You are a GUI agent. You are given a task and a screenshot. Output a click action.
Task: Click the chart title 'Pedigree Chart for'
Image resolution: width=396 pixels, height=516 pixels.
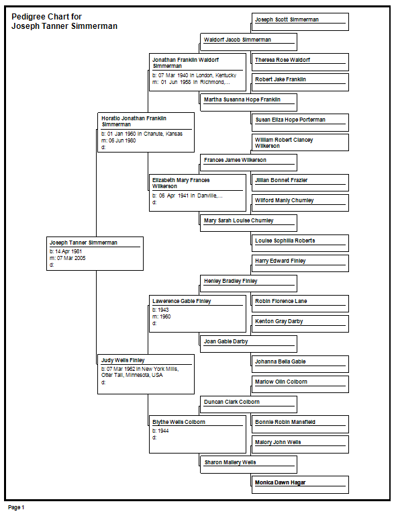46,16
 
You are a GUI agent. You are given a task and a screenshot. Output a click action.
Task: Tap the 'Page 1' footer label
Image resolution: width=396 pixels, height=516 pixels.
16,507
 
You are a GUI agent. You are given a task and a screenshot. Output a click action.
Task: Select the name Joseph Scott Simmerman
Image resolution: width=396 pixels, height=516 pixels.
287,19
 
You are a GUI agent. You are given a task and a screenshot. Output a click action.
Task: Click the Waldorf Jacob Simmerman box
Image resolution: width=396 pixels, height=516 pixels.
248,42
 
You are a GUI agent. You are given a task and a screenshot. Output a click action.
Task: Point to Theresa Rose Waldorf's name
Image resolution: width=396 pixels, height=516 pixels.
283,60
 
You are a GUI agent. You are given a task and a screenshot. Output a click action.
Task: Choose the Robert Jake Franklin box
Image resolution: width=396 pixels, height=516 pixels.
300,82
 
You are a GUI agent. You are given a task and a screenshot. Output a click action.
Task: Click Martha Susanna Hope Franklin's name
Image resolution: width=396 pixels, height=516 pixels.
242,99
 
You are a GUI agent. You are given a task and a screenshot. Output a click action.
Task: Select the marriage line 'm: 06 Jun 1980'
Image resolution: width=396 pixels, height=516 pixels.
118,140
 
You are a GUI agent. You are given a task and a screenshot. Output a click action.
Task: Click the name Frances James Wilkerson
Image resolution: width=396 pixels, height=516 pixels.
235,160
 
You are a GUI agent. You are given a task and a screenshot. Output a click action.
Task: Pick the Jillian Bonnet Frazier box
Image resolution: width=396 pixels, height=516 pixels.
300,183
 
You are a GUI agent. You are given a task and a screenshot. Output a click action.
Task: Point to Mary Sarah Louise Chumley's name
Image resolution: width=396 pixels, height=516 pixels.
238,220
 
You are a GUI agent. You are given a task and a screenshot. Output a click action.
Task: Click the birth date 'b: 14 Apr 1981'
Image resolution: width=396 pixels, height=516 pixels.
66,251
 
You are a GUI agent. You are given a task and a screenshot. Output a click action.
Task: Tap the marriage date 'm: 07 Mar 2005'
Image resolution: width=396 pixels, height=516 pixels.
67,258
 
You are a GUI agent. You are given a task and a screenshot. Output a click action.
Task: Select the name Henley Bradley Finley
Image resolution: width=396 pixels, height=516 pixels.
230,281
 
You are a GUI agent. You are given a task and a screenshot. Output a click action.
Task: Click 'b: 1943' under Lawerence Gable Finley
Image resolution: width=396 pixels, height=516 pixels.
160,310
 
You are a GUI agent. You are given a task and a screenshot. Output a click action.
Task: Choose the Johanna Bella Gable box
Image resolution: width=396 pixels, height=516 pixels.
300,364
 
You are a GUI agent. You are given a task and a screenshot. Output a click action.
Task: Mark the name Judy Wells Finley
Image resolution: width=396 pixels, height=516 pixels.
123,360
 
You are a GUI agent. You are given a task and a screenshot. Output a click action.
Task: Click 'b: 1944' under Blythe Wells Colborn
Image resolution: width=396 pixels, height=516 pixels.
160,431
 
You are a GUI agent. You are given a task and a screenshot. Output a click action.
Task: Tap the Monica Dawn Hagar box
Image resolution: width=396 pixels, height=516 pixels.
300,484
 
